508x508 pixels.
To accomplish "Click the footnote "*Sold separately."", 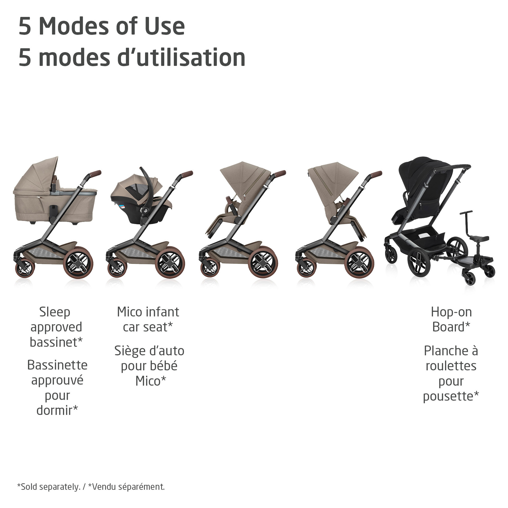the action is click(x=49, y=487).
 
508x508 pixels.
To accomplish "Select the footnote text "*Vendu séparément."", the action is click(x=126, y=487).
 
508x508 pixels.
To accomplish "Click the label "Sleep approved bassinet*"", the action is click(x=56, y=327).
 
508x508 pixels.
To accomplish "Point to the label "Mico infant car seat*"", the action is click(x=148, y=319).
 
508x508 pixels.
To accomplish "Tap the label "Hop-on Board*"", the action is click(x=451, y=319).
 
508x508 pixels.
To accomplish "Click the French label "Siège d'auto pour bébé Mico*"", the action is click(x=149, y=366).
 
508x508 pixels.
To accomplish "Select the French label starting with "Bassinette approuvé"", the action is click(x=57, y=388).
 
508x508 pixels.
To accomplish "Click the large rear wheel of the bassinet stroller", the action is click(x=79, y=264).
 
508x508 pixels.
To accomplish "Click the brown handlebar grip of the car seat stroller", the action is click(x=186, y=175).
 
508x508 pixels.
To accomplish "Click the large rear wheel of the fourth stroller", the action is click(x=360, y=264).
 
